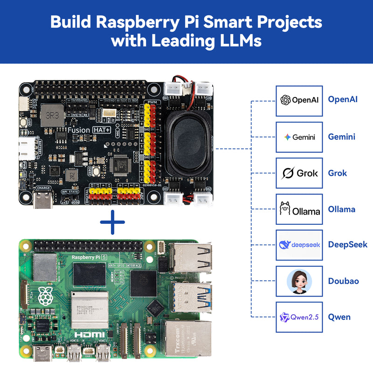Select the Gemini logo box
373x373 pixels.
pos(299,137)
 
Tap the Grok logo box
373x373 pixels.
pos(299,173)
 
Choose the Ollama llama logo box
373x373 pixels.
pos(299,209)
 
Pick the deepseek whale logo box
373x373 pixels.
pos(299,245)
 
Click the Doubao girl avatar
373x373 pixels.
pos(299,281)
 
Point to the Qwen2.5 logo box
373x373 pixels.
pos(299,317)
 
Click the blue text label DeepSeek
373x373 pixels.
pos(347,245)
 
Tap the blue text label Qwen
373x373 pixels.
pos(339,317)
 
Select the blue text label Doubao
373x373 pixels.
pos(343,281)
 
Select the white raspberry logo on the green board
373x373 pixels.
pos(45,296)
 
